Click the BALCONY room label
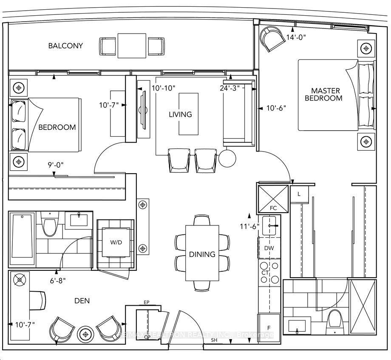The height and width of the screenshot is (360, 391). pyautogui.click(x=65, y=46)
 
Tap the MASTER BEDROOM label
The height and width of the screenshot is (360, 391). pyautogui.click(x=326, y=94)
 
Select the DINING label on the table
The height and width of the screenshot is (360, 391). pyautogui.click(x=202, y=254)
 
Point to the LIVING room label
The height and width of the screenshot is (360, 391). pyautogui.click(x=180, y=114)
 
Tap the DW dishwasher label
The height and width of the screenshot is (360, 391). pyautogui.click(x=269, y=248)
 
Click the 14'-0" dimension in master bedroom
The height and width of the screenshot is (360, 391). pyautogui.click(x=296, y=37)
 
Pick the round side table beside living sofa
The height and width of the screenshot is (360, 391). pyautogui.click(x=227, y=159)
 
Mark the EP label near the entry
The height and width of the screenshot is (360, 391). pyautogui.click(x=147, y=303)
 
